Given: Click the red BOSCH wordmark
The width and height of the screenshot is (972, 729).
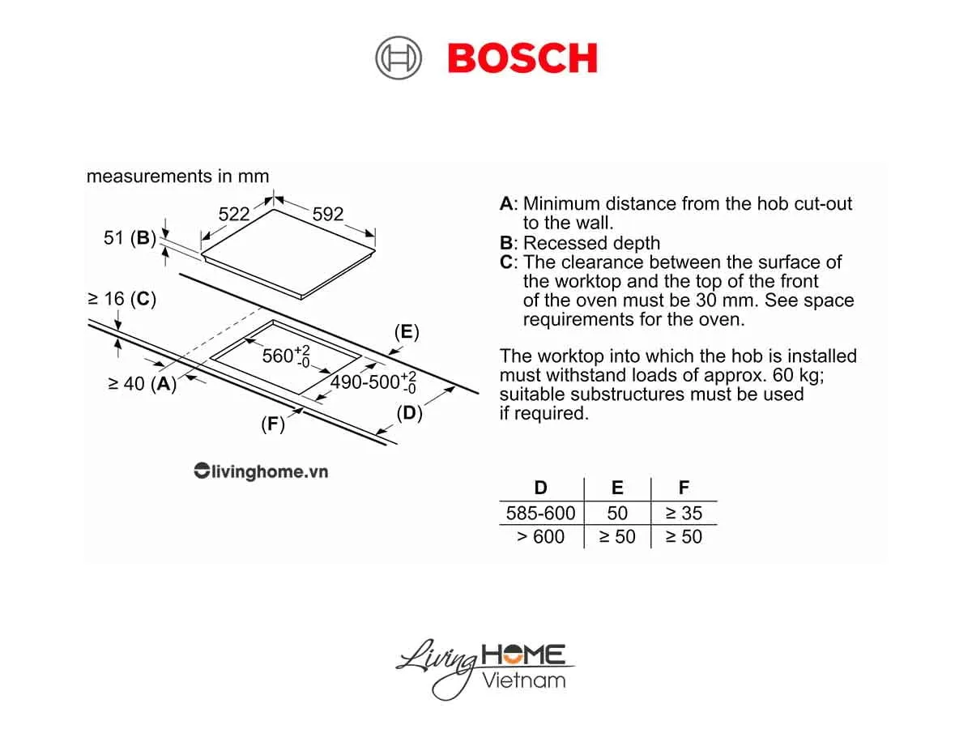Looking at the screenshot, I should (522, 58).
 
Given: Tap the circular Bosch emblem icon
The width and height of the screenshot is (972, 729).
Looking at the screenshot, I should (399, 59).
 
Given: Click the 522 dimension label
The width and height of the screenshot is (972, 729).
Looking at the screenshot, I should (234, 214).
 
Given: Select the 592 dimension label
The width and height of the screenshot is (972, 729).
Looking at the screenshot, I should (328, 215).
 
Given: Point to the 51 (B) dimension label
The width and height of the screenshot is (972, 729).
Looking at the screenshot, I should (130, 238).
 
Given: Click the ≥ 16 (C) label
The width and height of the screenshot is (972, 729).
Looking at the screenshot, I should (122, 299).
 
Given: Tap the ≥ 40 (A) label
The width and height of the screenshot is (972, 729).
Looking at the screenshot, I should (142, 384).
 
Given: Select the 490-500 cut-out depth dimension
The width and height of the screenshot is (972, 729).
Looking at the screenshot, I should (373, 382).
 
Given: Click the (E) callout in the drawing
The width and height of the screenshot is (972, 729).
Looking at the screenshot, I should (407, 331).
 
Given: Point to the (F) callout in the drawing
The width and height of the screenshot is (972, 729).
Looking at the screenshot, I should (273, 424).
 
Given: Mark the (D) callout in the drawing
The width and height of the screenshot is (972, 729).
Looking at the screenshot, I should (410, 412).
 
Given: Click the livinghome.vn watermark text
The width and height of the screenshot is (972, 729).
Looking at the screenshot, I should (261, 471).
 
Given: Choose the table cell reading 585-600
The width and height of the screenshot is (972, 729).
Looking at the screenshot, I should (540, 513).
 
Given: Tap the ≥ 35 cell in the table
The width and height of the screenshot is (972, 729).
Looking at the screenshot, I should (684, 513).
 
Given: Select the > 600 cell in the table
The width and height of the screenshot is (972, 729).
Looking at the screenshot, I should (540, 536).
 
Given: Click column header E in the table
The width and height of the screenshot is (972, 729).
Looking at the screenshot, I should (617, 488).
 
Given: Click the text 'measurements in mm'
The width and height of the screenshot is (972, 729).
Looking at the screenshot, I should (177, 176).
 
